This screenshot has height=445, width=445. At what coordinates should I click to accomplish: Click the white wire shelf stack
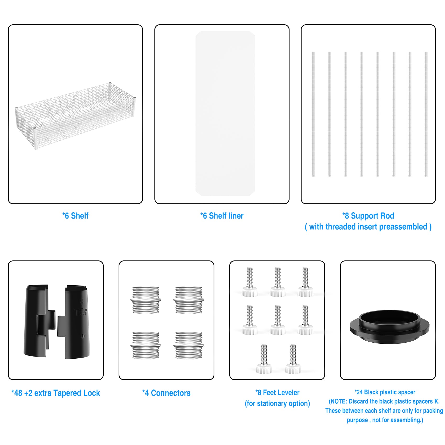tap(75, 115)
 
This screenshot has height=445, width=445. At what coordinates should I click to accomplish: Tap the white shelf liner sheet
tap(225, 113)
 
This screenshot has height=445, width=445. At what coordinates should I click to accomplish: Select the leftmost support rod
tap(313, 114)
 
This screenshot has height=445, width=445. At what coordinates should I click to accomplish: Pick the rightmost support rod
tap(426, 114)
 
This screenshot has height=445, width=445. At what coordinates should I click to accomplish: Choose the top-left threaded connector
tap(146, 300)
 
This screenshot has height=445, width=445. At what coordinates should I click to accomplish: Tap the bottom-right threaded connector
tap(188, 346)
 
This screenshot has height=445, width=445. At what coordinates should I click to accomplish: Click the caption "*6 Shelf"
tap(75, 216)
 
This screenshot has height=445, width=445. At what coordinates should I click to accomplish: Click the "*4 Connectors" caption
tap(166, 393)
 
